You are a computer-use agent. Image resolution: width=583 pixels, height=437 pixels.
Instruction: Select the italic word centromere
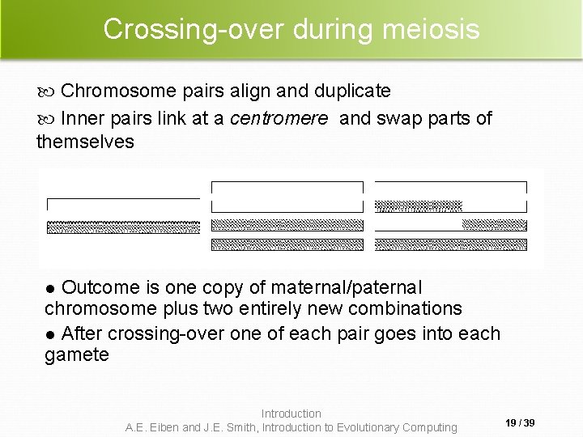pyautogui.click(x=279, y=118)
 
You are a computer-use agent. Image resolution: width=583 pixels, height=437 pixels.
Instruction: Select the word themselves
pyautogui.click(x=85, y=142)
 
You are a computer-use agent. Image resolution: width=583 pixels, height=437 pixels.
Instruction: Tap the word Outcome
pyautogui.click(x=101, y=287)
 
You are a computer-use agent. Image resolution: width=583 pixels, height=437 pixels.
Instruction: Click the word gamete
pyautogui.click(x=76, y=354)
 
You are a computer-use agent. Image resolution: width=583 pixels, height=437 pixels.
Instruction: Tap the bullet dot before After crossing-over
pyautogui.click(x=50, y=334)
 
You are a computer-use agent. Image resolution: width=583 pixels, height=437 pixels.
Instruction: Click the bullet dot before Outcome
pyautogui.click(x=50, y=288)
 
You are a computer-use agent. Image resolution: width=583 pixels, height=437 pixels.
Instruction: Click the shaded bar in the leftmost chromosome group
pyautogui.click(x=123, y=226)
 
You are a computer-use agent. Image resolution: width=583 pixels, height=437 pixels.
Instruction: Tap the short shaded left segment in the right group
pyautogui.click(x=419, y=205)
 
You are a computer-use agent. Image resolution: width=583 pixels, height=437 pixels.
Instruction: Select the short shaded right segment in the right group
pyautogui.click(x=494, y=224)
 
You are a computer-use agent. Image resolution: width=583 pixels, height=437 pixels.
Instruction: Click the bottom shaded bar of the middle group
pyautogui.click(x=287, y=244)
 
